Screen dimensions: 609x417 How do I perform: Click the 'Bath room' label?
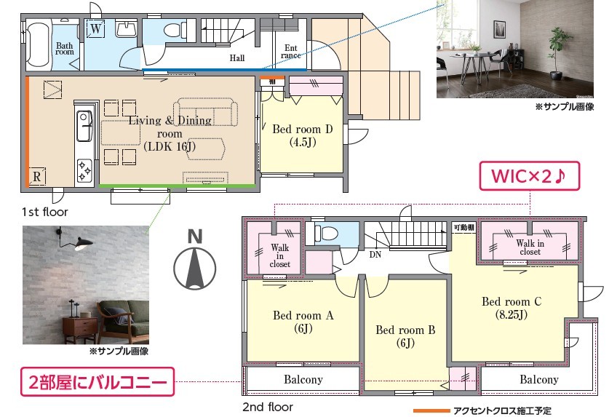pos(65,49)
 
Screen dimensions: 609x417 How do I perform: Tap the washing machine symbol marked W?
pos(95,28)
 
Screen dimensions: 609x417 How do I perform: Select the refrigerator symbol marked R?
pos(37,176)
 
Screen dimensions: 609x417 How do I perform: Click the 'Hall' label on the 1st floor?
pos(237,58)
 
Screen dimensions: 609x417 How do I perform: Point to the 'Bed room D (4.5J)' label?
pos(303,135)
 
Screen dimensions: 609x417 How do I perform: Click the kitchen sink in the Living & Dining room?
pos(84,126)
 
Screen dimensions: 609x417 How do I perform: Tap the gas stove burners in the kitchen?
pos(84,171)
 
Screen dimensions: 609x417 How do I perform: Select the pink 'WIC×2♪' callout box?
pos(530,176)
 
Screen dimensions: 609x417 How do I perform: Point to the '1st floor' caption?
pos(44,212)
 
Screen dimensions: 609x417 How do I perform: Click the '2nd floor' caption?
pos(268,407)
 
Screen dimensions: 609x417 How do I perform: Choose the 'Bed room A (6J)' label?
pos(303,322)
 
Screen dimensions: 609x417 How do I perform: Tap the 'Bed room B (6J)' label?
pos(405,336)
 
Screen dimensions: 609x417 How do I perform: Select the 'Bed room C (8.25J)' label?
pos(512,308)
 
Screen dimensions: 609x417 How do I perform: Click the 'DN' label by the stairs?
pos(375,255)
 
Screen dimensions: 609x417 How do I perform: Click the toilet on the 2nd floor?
pos(325,234)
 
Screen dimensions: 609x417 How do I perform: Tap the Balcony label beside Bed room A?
pos(303,379)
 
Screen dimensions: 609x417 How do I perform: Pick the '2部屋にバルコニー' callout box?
pos(97,382)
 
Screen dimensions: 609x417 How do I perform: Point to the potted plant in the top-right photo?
pos(557,53)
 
